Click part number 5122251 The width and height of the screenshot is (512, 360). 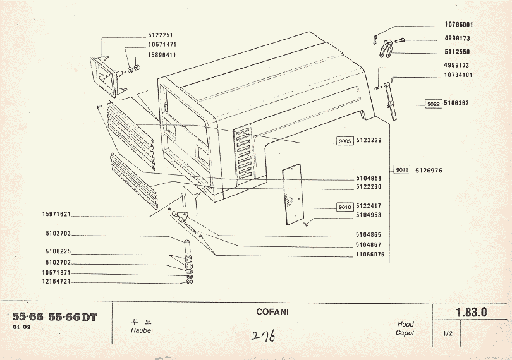[x=161, y=35]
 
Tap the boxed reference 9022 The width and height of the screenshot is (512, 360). [x=433, y=103]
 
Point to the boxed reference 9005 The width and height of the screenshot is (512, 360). [x=344, y=141]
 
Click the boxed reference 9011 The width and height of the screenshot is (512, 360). [x=402, y=170]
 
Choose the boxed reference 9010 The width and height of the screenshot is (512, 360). [x=344, y=206]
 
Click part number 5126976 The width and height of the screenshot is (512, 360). [x=429, y=170]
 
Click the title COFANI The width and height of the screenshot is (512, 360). [x=273, y=312]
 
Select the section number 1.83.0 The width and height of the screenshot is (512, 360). [x=471, y=312]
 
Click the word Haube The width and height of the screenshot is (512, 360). [x=140, y=330]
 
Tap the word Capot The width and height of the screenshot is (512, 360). [x=405, y=332]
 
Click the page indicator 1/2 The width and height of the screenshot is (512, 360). [x=448, y=333]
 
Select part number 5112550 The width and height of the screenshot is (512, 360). [x=457, y=52]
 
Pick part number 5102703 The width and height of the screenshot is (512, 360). [x=58, y=233]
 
